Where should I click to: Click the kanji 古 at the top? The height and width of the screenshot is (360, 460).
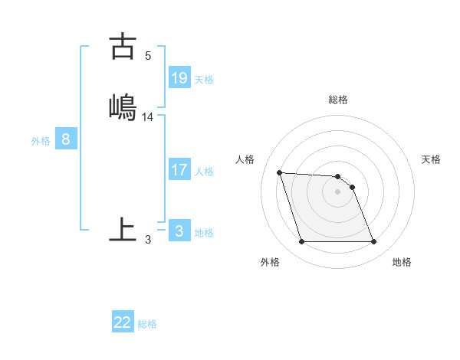click(x=123, y=47)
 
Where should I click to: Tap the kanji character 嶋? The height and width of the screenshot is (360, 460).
click(x=123, y=106)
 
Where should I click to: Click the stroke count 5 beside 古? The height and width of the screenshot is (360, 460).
click(x=147, y=56)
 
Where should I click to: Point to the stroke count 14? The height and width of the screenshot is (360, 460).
click(x=148, y=117)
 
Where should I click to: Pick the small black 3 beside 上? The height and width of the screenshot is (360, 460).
click(x=147, y=240)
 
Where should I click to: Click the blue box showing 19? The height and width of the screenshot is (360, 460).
click(x=179, y=78)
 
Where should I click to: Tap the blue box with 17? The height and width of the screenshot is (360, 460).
click(x=179, y=170)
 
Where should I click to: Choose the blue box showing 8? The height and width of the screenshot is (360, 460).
click(x=67, y=139)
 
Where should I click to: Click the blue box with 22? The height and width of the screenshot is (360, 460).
click(x=123, y=322)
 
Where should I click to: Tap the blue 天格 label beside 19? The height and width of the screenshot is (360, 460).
click(x=204, y=80)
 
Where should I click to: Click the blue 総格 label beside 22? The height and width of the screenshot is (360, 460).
click(x=147, y=324)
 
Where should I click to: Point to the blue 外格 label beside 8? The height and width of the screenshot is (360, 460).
click(x=41, y=141)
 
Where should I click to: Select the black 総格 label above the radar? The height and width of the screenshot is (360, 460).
click(x=338, y=100)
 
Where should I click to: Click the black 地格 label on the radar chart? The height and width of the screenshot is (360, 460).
click(x=402, y=262)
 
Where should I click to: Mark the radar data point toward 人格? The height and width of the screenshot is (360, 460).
click(x=279, y=172)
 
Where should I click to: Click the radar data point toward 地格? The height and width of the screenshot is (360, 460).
click(x=373, y=242)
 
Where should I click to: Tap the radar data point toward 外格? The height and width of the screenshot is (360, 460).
click(x=301, y=242)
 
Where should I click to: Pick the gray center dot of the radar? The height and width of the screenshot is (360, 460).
click(x=337, y=191)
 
